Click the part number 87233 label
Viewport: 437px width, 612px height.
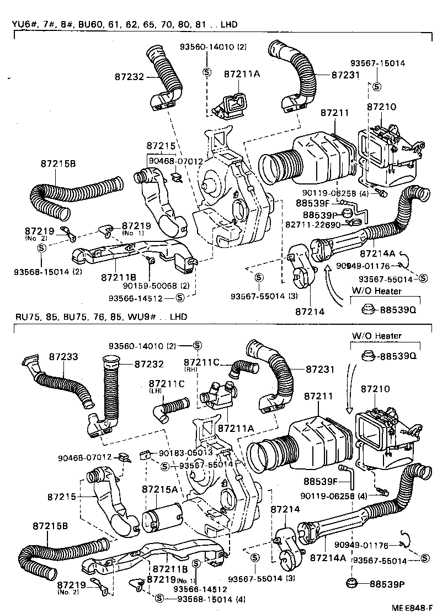pyautogui.click(x=62, y=357)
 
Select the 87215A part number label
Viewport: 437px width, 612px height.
pyautogui.click(x=159, y=489)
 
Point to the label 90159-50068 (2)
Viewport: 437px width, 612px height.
pyautogui.click(x=156, y=286)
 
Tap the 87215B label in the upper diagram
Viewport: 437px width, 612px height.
pyautogui.click(x=58, y=163)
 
